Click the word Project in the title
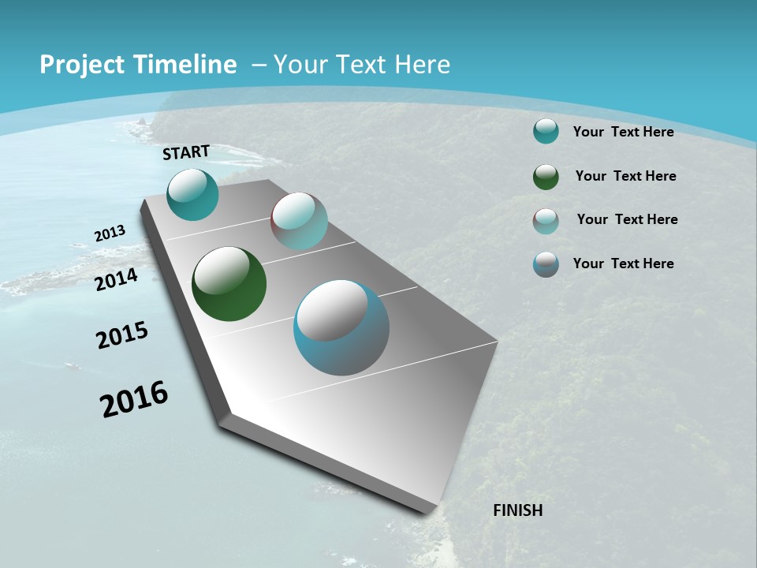click(79, 65)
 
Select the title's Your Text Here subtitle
click(361, 65)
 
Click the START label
click(186, 152)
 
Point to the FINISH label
click(517, 510)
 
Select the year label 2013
click(110, 234)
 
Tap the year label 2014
click(116, 279)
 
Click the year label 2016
click(134, 399)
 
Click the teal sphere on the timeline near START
click(192, 194)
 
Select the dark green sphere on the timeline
click(229, 284)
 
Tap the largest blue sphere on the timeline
click(341, 327)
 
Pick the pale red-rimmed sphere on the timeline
click(299, 221)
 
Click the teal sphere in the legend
click(546, 132)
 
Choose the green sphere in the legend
click(546, 177)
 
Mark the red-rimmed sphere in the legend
click(546, 221)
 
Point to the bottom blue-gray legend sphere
click(546, 264)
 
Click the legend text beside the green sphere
click(625, 176)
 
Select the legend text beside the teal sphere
click(623, 132)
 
